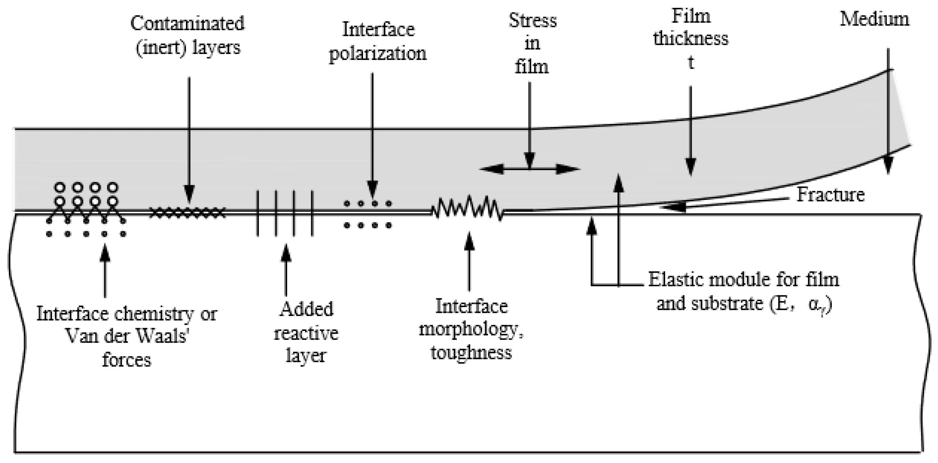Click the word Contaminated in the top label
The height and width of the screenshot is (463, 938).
187,24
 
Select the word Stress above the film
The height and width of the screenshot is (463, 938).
532,20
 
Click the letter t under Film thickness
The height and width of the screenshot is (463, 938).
691,62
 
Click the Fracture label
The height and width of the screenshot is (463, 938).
830,195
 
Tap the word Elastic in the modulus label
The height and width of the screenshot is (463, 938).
676,280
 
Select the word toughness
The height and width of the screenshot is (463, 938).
471,352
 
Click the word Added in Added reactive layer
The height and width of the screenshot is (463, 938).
306,309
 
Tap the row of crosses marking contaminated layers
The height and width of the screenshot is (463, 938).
187,212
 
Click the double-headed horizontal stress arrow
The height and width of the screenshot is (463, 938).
530,169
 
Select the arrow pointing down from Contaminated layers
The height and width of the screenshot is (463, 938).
188,138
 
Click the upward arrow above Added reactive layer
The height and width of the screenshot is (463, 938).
286,269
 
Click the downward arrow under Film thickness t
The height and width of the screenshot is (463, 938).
690,131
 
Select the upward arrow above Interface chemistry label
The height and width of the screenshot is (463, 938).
105,271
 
